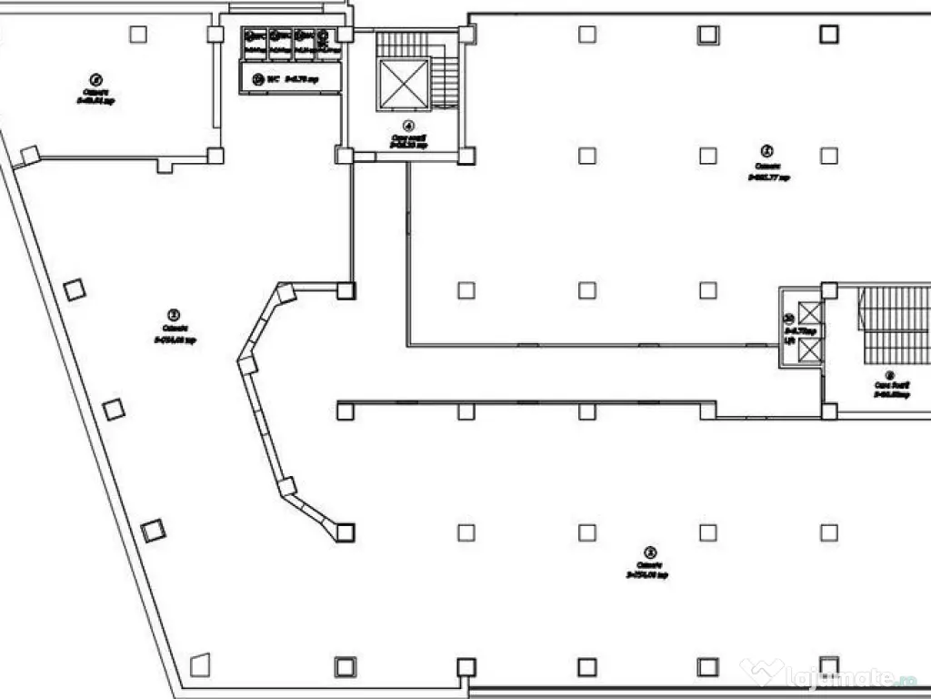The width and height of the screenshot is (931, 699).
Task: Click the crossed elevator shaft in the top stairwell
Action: coord(403,84)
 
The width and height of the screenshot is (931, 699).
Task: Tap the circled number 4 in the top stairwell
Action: coord(409,126)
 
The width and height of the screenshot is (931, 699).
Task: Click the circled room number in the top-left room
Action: coord(96,79)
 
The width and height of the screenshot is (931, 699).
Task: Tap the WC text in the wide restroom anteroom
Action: coord(271,79)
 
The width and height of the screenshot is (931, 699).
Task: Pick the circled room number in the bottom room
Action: coord(648,552)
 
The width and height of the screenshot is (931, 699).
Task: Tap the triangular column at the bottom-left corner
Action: coord(200,664)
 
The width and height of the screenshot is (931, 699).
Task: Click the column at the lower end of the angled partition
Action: coord(345,532)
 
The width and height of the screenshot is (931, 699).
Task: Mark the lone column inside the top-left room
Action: coord(138,35)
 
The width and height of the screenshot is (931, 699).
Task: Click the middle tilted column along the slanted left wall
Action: coord(114,410)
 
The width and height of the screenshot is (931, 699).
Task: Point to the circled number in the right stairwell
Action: coord(890,374)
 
